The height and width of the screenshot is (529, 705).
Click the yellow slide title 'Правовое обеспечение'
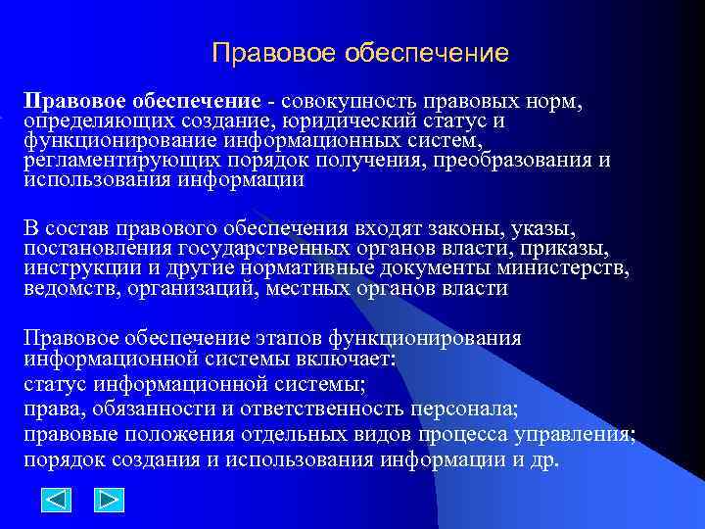pos(359,52)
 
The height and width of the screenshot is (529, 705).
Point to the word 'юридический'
pos(339,121)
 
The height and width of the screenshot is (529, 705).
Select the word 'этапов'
pos(288,338)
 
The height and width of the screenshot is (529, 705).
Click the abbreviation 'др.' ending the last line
pos(540,459)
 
